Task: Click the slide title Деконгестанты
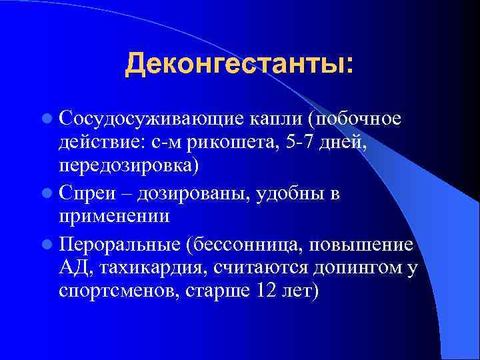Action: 239,65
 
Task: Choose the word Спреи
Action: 85,194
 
